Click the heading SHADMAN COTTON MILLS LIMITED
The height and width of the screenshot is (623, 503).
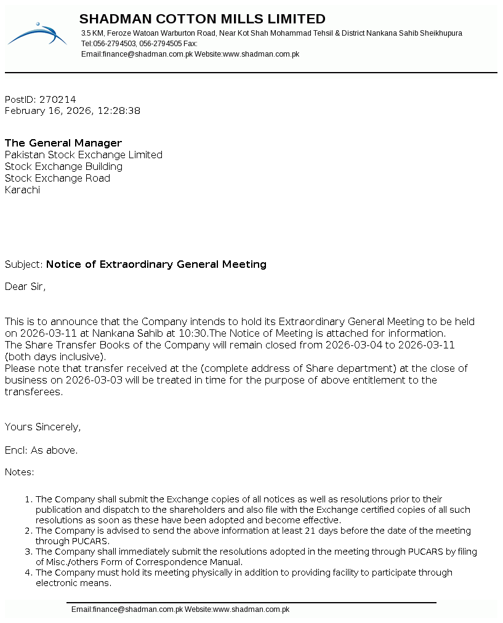point(202,19)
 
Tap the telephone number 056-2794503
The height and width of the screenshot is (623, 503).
point(115,44)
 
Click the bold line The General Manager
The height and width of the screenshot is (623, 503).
point(63,143)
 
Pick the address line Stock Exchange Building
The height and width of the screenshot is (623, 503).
point(63,166)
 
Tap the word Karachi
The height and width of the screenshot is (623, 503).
point(22,190)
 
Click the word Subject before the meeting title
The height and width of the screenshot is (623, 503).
point(23,264)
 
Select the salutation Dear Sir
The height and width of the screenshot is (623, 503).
point(25,286)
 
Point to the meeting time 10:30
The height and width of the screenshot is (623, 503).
point(196,333)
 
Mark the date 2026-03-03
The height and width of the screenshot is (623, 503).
point(95,380)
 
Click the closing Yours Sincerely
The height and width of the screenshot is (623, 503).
point(42,427)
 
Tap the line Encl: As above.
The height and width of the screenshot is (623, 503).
point(41,450)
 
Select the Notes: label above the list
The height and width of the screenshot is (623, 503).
point(20,472)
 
